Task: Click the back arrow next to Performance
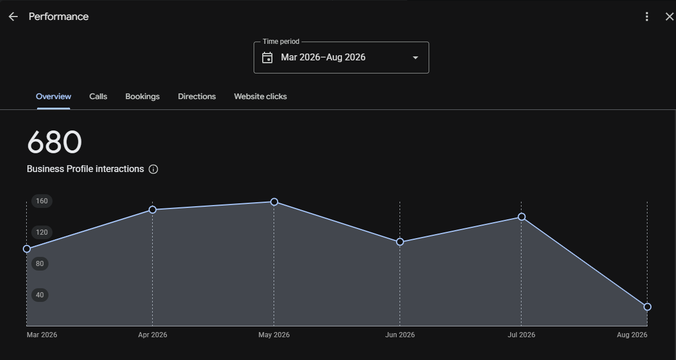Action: tap(13, 17)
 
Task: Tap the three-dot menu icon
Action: tap(647, 17)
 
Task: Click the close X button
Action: tap(670, 17)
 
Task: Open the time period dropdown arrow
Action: tap(415, 58)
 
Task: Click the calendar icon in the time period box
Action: tap(267, 58)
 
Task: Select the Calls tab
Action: tap(98, 96)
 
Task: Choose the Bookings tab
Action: tap(142, 96)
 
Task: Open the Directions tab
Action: tap(197, 96)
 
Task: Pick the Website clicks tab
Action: tap(260, 96)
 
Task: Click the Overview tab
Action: tap(54, 96)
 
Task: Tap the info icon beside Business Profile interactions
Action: tap(153, 169)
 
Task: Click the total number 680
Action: tap(54, 142)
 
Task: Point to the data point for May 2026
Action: tap(274, 202)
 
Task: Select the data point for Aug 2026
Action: tap(647, 307)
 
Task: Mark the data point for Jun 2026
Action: tap(400, 242)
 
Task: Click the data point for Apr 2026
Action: tap(152, 210)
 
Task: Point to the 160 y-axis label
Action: tap(42, 201)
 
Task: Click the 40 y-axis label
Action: tap(40, 295)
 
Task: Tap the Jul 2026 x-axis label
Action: tap(521, 335)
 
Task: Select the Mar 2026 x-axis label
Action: tap(42, 335)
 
